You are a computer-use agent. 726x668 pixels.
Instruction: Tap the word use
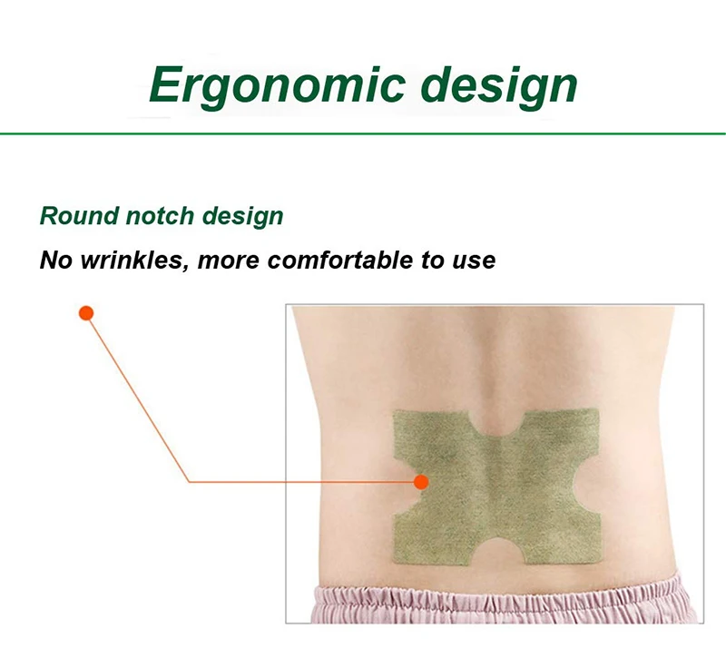coord(473,261)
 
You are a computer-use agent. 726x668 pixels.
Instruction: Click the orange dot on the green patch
coord(420,482)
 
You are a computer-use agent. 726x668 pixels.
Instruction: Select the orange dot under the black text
coord(86,313)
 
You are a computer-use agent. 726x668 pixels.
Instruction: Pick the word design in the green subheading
coord(242,217)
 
